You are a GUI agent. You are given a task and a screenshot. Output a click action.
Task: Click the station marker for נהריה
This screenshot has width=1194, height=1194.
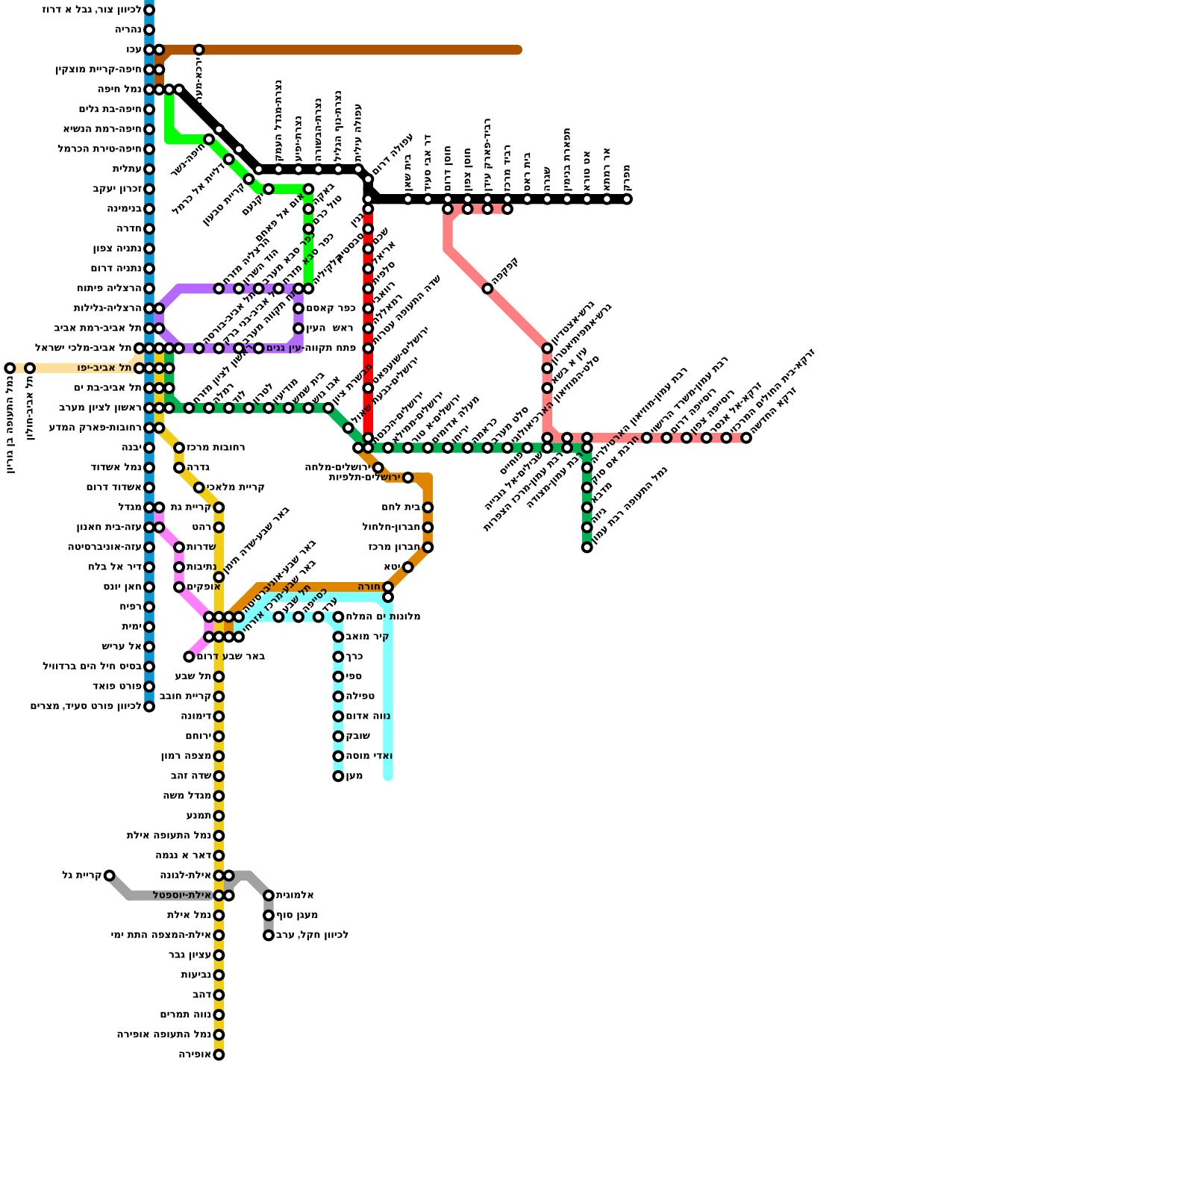click(149, 30)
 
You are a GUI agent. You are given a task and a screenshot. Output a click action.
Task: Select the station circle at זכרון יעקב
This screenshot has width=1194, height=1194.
click(149, 190)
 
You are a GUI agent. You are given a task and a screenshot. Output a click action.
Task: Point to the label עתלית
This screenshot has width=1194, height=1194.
click(127, 169)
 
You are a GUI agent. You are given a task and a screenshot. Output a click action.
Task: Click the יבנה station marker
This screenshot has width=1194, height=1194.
click(149, 448)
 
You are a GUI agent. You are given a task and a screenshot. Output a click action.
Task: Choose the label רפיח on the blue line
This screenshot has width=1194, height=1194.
click(131, 607)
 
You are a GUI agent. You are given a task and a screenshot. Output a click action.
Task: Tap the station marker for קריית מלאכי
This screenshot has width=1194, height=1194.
click(199, 488)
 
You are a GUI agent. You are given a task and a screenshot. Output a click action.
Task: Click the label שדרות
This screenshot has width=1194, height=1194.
click(201, 548)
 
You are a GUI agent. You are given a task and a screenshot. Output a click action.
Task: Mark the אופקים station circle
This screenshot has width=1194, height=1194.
click(179, 587)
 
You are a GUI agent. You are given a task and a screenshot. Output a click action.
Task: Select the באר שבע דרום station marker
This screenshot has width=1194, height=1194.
click(190, 657)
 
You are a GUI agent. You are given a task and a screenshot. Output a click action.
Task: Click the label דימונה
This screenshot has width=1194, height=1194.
click(196, 716)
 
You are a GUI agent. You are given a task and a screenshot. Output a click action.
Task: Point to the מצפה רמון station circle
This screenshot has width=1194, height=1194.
click(219, 756)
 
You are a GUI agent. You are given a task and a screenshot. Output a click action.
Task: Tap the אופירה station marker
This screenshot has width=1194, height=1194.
click(219, 1054)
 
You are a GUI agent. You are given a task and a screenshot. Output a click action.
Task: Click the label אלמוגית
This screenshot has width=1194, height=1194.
click(295, 895)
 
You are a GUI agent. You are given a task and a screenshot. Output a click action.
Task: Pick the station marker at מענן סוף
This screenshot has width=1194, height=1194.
click(269, 916)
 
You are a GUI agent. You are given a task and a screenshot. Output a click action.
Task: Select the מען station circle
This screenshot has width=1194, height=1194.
click(338, 776)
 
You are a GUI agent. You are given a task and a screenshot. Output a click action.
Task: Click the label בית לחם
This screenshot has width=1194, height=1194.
click(401, 507)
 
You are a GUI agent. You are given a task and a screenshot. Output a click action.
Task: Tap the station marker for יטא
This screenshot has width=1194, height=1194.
click(407, 567)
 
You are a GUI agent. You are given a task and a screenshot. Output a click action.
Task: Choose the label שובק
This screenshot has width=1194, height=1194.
click(357, 737)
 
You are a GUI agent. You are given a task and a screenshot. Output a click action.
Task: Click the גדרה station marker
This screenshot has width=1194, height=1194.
click(179, 468)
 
